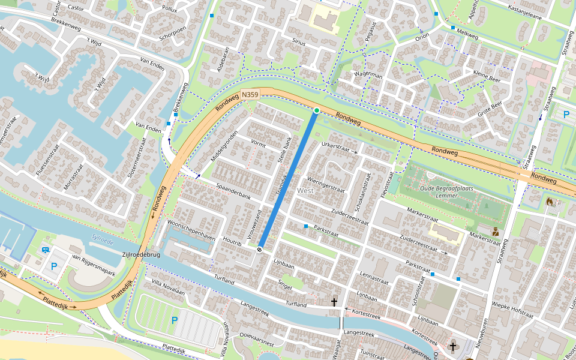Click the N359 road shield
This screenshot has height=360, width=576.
tap(250, 95)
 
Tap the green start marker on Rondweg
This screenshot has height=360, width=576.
tap(317, 110)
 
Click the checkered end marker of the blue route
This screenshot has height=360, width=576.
tap(260, 249)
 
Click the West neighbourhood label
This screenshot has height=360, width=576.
tap(305, 190)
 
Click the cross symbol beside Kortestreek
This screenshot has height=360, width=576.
tap(334, 302)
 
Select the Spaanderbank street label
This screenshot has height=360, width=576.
tap(233, 196)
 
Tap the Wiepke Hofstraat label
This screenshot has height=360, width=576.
tap(512, 313)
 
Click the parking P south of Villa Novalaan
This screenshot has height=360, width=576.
tap(175, 320)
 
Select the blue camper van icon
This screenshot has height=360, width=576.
tap(45, 250)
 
